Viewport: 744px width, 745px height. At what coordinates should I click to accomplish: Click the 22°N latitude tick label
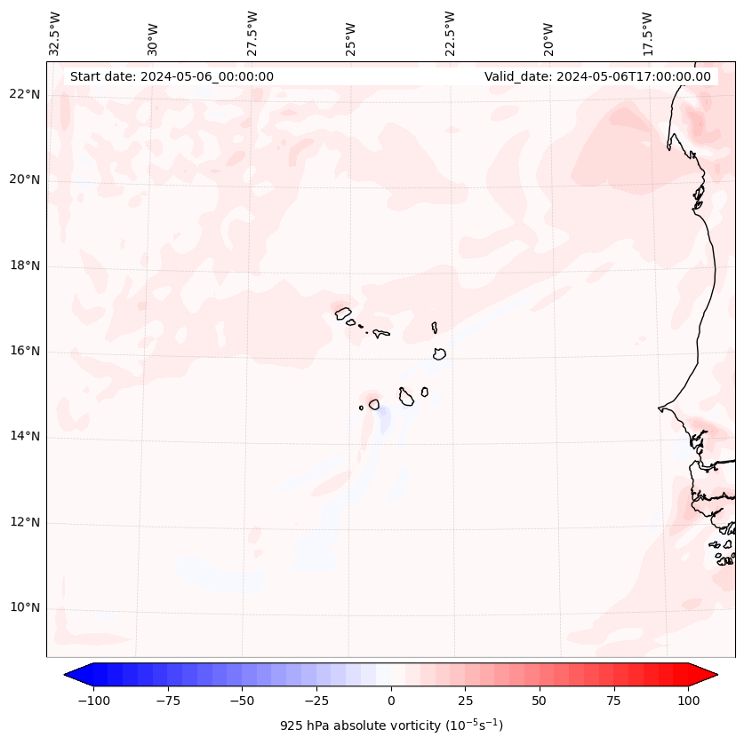click(25, 94)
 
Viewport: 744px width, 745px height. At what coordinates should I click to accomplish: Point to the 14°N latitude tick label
click(25, 436)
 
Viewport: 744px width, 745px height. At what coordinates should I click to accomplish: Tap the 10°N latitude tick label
click(25, 608)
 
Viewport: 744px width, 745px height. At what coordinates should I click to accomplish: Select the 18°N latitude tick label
click(25, 266)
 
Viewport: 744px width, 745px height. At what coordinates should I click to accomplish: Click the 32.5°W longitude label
click(54, 34)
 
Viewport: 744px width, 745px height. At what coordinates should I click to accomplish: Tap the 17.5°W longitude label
click(647, 34)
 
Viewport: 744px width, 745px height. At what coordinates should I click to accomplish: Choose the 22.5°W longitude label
click(449, 34)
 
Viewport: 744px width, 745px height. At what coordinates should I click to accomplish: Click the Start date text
click(172, 76)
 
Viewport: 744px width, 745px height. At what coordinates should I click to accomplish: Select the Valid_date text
click(597, 76)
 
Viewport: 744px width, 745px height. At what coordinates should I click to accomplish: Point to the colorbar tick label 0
click(391, 701)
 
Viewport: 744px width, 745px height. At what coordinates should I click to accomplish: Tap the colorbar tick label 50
click(539, 701)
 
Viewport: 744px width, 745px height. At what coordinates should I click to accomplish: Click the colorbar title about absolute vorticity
click(391, 725)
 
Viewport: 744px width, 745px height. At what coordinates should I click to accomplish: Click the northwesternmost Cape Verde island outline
click(343, 313)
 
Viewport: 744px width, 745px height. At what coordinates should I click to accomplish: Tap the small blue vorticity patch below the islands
click(384, 420)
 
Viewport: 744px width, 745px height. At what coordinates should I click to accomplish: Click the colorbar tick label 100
click(687, 701)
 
